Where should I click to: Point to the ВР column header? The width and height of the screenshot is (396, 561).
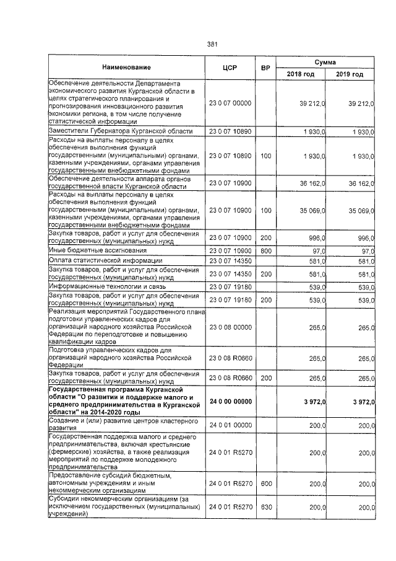[266, 67]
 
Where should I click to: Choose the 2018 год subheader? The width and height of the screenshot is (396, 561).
[300, 74]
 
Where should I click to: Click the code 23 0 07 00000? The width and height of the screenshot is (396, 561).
[230, 103]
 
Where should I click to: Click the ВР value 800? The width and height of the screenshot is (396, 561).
[266, 250]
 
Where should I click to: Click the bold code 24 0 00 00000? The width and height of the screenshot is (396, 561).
[231, 402]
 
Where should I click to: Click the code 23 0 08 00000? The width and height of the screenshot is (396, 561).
[230, 327]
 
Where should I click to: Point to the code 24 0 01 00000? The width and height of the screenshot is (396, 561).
[230, 425]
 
